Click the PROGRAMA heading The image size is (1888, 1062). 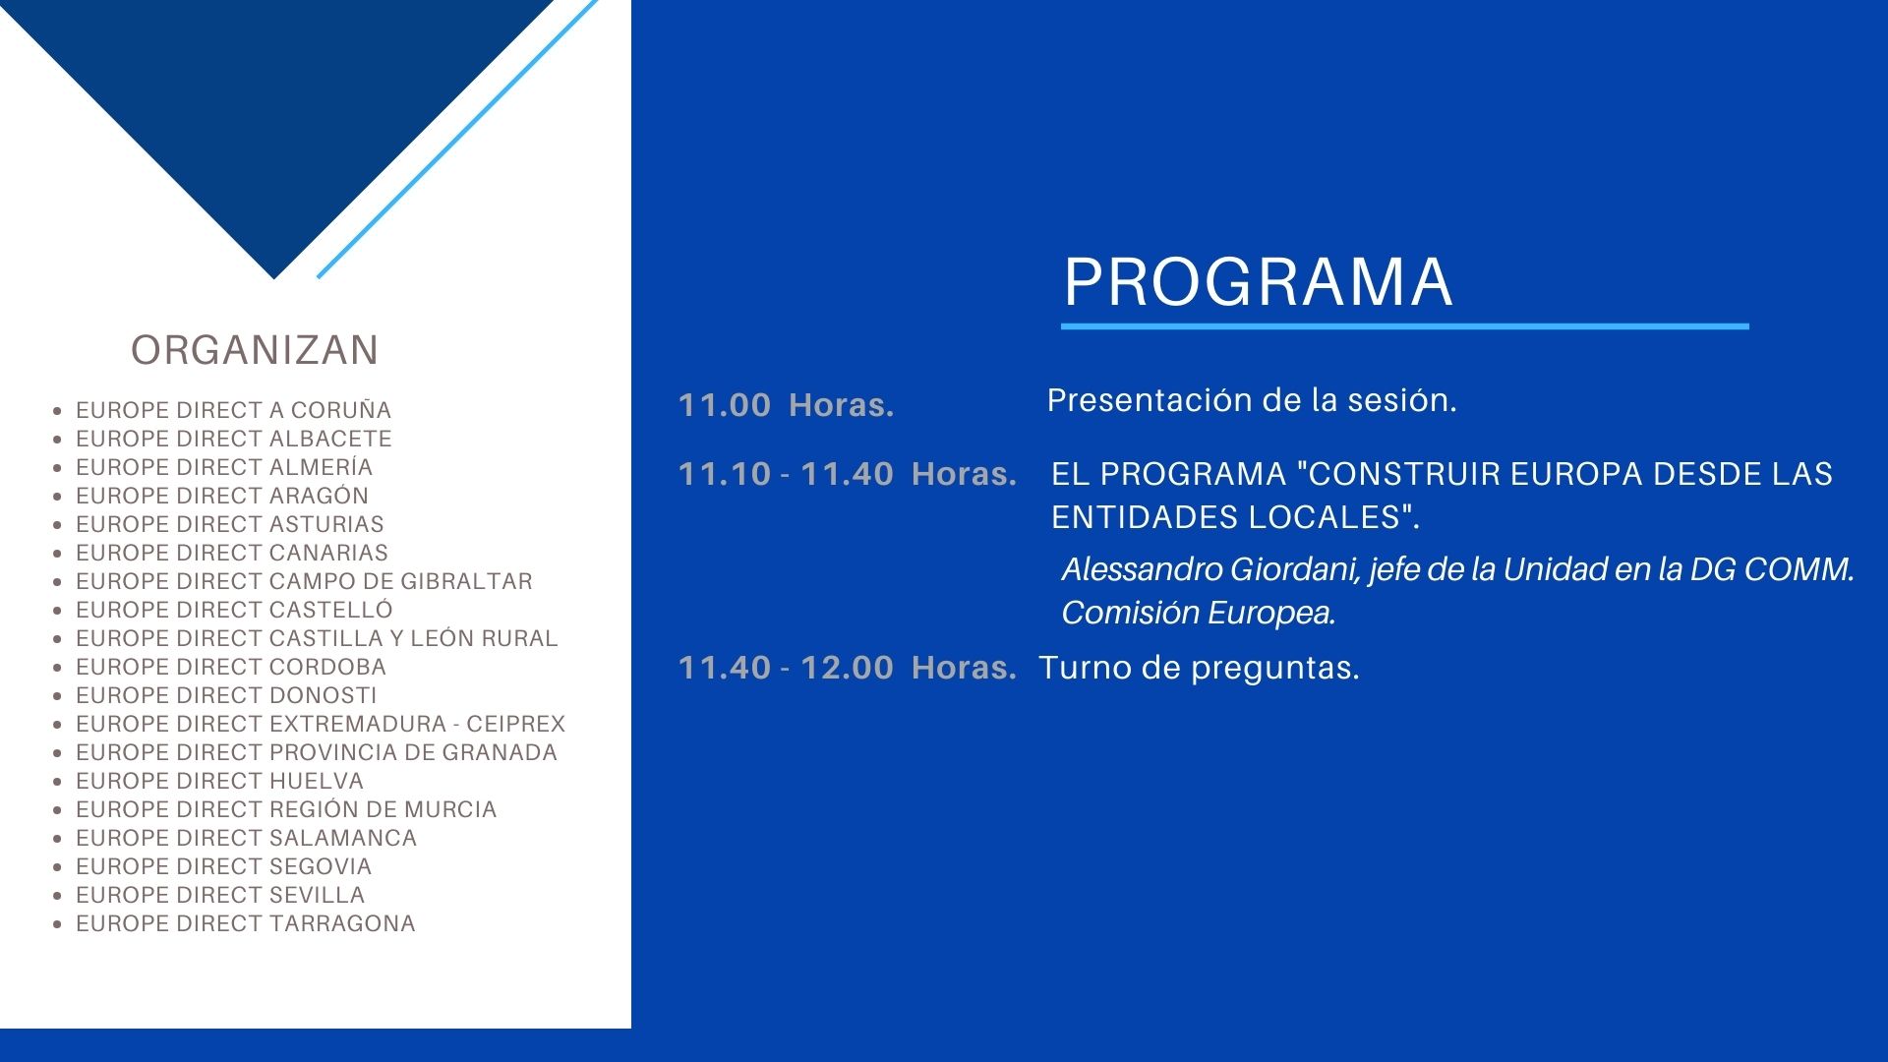[x=1258, y=282]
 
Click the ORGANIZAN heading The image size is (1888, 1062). [x=255, y=350]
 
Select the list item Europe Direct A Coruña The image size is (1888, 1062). [x=233, y=410]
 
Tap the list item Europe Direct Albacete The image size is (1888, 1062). [x=233, y=439]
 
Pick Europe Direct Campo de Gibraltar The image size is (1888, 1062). [x=304, y=581]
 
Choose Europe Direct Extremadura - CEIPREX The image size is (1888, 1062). [x=321, y=724]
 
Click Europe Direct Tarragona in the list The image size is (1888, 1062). [x=246, y=923]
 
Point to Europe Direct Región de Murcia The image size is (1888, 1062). [x=286, y=809]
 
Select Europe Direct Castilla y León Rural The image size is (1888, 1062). [x=317, y=638]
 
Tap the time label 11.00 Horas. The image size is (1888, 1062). [x=787, y=405]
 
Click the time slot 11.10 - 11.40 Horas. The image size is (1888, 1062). [x=848, y=474]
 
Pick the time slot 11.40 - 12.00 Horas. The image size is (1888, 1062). [x=848, y=668]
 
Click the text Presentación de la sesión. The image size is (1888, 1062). [x=1252, y=400]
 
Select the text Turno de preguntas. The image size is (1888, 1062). [x=1200, y=669]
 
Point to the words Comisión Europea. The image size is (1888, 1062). [x=1199, y=613]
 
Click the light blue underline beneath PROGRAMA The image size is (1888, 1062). [x=1405, y=326]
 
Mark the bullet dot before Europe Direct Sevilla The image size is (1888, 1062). [x=58, y=896]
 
